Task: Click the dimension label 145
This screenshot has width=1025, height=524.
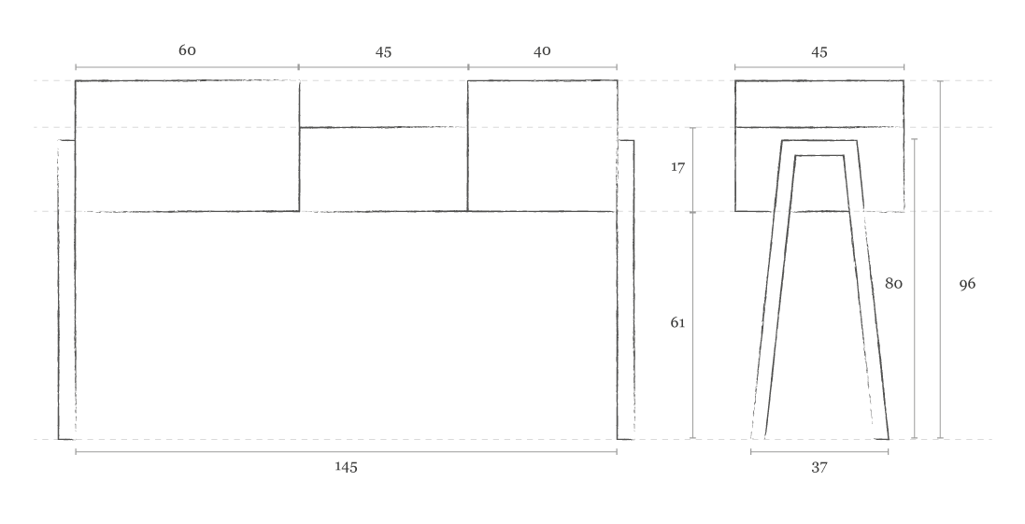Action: pos(346,467)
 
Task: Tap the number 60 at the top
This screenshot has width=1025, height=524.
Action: pos(187,50)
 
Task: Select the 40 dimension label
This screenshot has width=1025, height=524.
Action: pos(542,51)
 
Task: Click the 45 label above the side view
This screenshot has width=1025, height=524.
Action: pos(819,52)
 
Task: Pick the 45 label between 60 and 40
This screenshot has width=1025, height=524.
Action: pos(383,52)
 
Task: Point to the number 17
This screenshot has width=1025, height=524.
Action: pos(678,168)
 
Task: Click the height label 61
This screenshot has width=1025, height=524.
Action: pos(677,323)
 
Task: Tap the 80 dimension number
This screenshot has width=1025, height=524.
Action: pos(893,283)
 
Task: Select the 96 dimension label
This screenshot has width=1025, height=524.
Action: pos(967,283)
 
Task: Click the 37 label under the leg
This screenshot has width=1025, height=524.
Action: pos(819,467)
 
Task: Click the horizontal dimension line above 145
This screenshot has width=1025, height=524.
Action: pos(346,452)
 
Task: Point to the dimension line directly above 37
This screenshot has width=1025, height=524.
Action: pos(819,452)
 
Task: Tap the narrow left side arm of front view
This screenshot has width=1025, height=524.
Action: pos(66,290)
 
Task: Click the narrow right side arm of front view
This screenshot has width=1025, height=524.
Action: pos(626,290)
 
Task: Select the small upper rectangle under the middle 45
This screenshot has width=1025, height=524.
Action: pos(383,104)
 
